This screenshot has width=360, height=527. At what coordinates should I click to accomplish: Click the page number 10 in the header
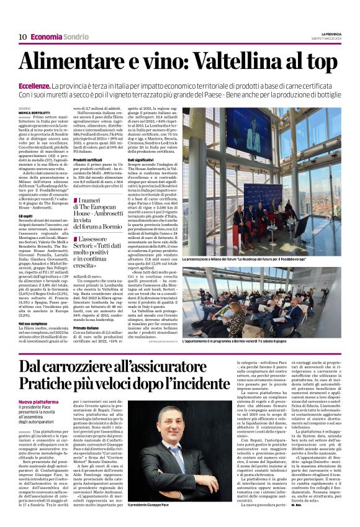[x=22, y=37]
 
